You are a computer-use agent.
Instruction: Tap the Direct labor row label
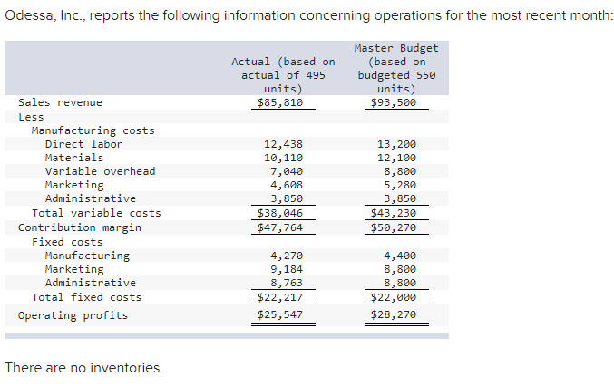pyautogui.click(x=83, y=144)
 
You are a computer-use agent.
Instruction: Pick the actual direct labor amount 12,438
pyautogui.click(x=283, y=144)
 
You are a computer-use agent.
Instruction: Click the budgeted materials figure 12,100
pyautogui.click(x=396, y=158)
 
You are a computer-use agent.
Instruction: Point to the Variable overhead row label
pyautogui.click(x=100, y=171)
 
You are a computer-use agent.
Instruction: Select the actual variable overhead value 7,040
pyautogui.click(x=287, y=171)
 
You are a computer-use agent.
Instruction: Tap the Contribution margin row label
pyautogui.click(x=80, y=227)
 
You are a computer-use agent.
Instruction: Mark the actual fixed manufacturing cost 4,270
pyautogui.click(x=287, y=256)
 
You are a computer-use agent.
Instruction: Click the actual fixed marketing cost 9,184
pyautogui.click(x=287, y=269)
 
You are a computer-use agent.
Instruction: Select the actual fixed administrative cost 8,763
pyautogui.click(x=287, y=283)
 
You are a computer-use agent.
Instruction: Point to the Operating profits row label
pyautogui.click(x=73, y=315)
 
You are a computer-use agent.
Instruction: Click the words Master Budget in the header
pyautogui.click(x=396, y=48)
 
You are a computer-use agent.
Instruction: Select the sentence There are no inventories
pyautogui.click(x=84, y=368)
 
